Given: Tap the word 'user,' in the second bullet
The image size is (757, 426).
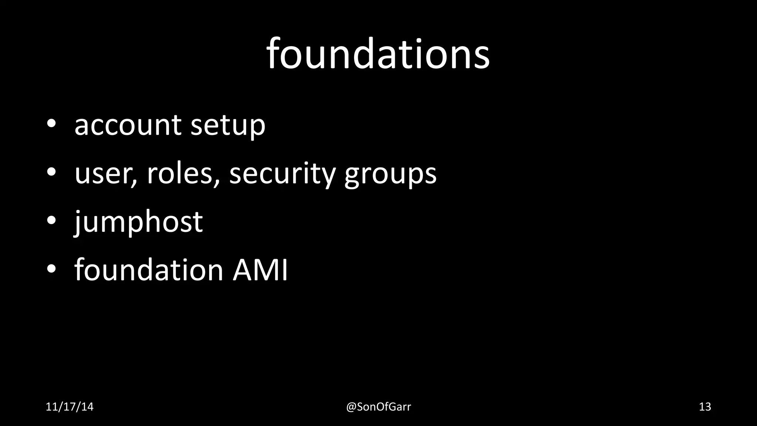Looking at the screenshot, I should [106, 174].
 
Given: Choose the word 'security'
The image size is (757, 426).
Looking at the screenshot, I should [282, 174].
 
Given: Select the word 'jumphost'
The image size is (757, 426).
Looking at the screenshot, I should [139, 222].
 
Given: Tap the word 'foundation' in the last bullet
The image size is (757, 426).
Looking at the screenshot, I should [149, 270].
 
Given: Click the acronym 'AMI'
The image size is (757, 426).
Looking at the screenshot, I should [260, 270].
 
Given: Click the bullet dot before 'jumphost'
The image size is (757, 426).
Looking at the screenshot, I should [51, 220].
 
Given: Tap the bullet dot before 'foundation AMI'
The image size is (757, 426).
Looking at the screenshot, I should [51, 269].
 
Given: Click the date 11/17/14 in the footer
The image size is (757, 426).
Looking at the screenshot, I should [69, 407].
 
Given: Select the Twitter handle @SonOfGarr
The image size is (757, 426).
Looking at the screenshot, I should [378, 407].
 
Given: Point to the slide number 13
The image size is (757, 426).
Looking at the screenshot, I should [705, 407].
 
